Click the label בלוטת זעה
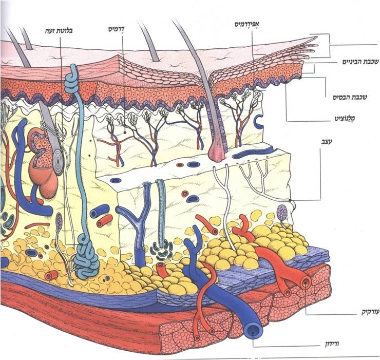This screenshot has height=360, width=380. (x=59, y=31)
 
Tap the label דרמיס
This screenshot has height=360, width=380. (x=117, y=29)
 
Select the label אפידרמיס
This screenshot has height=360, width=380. (x=246, y=24)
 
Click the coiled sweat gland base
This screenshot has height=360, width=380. (x=86, y=262)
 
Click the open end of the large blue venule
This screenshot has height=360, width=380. (x=253, y=331)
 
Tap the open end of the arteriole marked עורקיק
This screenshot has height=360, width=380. (x=306, y=282)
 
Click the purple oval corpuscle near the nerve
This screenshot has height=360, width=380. (x=282, y=212)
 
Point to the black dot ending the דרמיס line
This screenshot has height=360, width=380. (x=125, y=132)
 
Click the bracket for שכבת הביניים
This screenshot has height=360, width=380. (x=314, y=68)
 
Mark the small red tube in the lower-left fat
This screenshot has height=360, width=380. (x=51, y=275)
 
